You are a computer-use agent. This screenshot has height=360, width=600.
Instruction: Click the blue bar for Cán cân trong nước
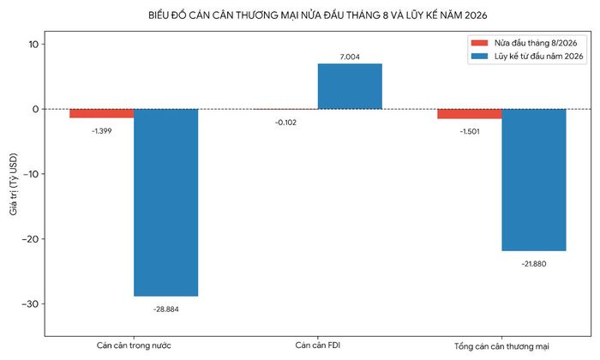165,202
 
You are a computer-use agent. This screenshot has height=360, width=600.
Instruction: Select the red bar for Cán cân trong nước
102,114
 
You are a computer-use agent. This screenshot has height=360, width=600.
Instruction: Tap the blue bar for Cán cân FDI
350,87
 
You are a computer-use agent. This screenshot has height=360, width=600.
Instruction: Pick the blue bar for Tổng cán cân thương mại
534,180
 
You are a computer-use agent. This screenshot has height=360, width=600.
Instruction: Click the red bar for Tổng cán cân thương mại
470,114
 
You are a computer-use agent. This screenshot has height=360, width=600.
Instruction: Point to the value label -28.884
166,309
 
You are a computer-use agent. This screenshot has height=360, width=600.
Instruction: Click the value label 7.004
350,57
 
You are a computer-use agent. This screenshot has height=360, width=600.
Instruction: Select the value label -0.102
285,123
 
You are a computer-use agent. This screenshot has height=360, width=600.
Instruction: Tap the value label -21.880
534,264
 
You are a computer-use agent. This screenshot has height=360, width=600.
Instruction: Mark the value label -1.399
102,131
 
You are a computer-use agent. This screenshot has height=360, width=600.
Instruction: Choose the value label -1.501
470,132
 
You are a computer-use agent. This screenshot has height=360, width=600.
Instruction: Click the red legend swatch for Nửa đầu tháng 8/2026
479,43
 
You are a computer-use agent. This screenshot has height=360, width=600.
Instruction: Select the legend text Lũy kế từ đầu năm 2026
539,57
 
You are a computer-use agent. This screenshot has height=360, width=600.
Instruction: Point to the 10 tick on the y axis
33,45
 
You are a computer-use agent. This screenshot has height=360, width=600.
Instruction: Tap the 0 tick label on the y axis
36,110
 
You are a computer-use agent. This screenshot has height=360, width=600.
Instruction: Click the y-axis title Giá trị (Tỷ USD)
14,184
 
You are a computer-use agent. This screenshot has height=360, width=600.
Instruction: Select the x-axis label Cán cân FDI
318,345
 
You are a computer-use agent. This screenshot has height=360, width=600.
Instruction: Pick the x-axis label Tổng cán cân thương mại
501,346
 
